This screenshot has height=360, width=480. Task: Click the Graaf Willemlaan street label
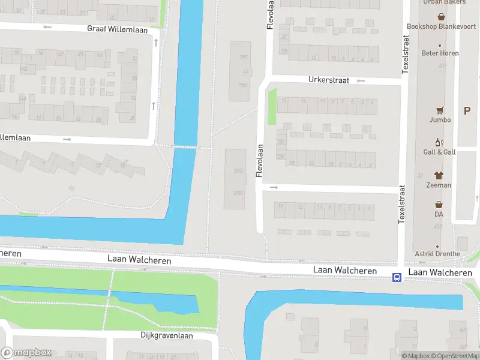click(117, 28)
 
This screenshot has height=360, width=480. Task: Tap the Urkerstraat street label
click(328, 79)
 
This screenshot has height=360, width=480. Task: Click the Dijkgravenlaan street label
click(167, 335)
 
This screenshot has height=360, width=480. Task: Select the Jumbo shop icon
click(440, 110)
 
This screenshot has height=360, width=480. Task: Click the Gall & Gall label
click(440, 152)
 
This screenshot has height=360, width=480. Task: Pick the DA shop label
click(439, 214)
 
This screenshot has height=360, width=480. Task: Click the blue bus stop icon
click(397, 277)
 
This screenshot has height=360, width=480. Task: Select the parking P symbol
click(467, 110)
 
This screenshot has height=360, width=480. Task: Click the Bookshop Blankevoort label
click(441, 26)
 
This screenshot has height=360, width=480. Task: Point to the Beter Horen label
click(440, 53)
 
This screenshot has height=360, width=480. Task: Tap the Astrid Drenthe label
click(437, 254)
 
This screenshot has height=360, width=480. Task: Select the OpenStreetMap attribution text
click(458, 356)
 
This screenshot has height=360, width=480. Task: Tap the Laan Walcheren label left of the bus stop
click(345, 271)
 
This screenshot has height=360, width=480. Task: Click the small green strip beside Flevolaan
click(272, 106)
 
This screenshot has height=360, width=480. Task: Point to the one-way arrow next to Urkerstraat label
click(361, 80)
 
